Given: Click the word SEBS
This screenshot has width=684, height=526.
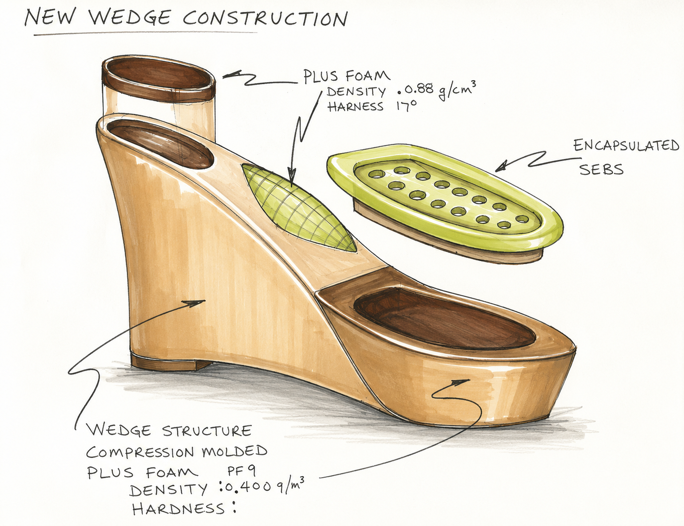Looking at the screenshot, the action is point(601,169).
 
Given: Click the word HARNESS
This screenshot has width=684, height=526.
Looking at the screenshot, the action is point(355,107).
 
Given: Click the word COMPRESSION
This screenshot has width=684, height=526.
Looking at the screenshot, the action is point(140,452).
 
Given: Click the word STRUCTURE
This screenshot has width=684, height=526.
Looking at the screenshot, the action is point(207,431).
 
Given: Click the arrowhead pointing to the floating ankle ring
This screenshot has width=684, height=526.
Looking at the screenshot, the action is point(229,76).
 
